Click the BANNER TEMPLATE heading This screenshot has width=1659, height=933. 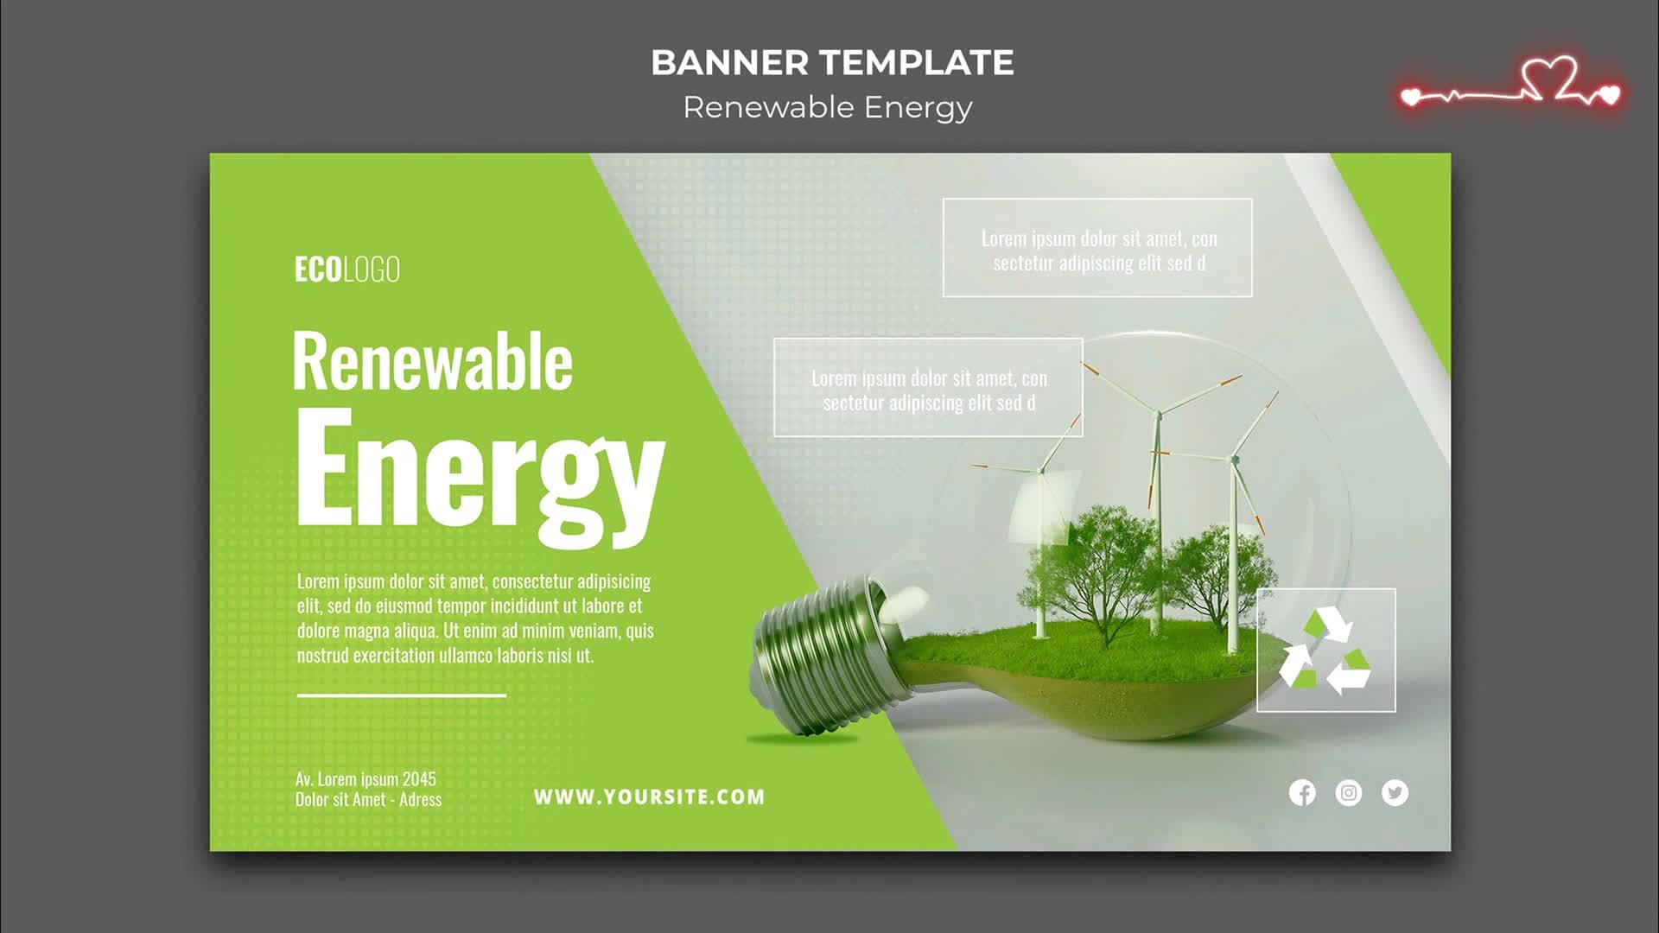click(832, 62)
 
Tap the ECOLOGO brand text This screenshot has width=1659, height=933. click(347, 270)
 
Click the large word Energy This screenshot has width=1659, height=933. click(480, 478)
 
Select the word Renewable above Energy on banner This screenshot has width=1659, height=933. click(432, 361)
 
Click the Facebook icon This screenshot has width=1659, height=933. click(1302, 792)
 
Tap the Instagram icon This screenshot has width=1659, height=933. click(1349, 792)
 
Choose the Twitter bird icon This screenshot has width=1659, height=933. click(1395, 792)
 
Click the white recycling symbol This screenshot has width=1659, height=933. click(1325, 651)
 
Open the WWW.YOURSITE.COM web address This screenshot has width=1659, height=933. click(649, 797)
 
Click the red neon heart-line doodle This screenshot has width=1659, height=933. click(1510, 85)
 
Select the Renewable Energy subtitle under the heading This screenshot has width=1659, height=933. click(828, 108)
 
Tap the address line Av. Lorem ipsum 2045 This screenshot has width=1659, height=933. click(365, 779)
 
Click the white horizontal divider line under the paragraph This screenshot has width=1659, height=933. click(402, 695)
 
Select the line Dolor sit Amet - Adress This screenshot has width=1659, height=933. click(368, 800)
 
